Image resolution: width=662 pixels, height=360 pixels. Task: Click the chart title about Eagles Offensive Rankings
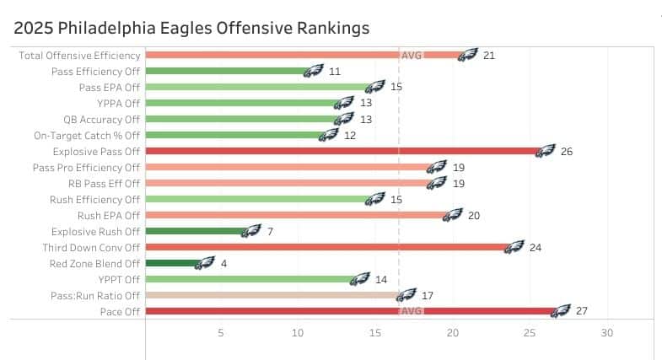(192, 28)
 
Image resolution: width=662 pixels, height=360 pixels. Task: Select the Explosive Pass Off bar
(337, 151)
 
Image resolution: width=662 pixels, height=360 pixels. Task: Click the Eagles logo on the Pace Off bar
(561, 311)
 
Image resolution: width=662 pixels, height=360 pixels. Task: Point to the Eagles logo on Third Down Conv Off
(514, 247)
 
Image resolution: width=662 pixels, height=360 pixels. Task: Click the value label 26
(567, 151)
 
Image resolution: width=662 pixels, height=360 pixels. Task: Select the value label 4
(223, 263)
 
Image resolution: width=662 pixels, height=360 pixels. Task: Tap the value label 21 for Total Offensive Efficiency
(489, 55)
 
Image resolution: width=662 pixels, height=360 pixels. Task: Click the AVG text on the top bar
(412, 55)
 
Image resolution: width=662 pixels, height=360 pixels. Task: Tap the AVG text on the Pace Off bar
(412, 311)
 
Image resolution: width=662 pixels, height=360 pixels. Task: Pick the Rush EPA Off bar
(295, 215)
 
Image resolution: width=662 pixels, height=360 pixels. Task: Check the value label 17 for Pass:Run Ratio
(428, 295)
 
